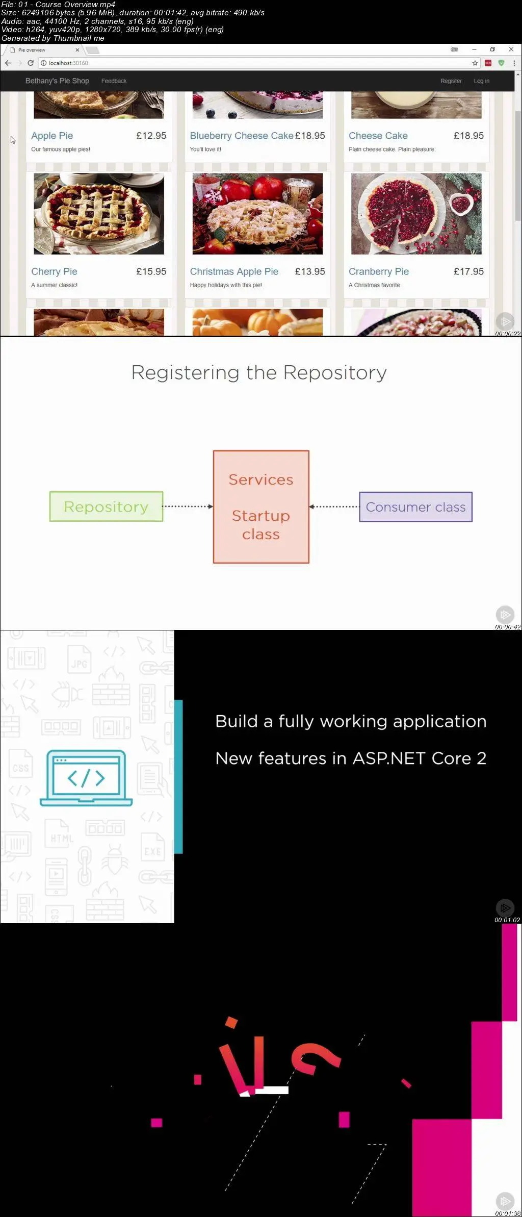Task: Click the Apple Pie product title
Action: point(52,136)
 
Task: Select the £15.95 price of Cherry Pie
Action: point(151,271)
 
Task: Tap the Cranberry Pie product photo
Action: point(416,214)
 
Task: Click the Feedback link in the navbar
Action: point(114,81)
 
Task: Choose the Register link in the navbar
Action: point(451,81)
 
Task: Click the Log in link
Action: point(482,81)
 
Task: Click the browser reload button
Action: point(31,63)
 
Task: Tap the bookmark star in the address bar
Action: point(475,63)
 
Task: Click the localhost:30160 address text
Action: point(68,63)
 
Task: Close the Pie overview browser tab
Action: point(77,50)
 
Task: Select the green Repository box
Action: point(106,506)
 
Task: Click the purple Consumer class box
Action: point(416,507)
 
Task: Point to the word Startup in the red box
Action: point(261,516)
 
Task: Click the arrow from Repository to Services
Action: point(188,506)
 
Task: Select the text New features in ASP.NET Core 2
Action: point(351,758)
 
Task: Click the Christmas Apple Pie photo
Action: point(257,214)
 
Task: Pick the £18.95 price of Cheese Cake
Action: point(469,136)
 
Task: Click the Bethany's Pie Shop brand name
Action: point(57,81)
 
